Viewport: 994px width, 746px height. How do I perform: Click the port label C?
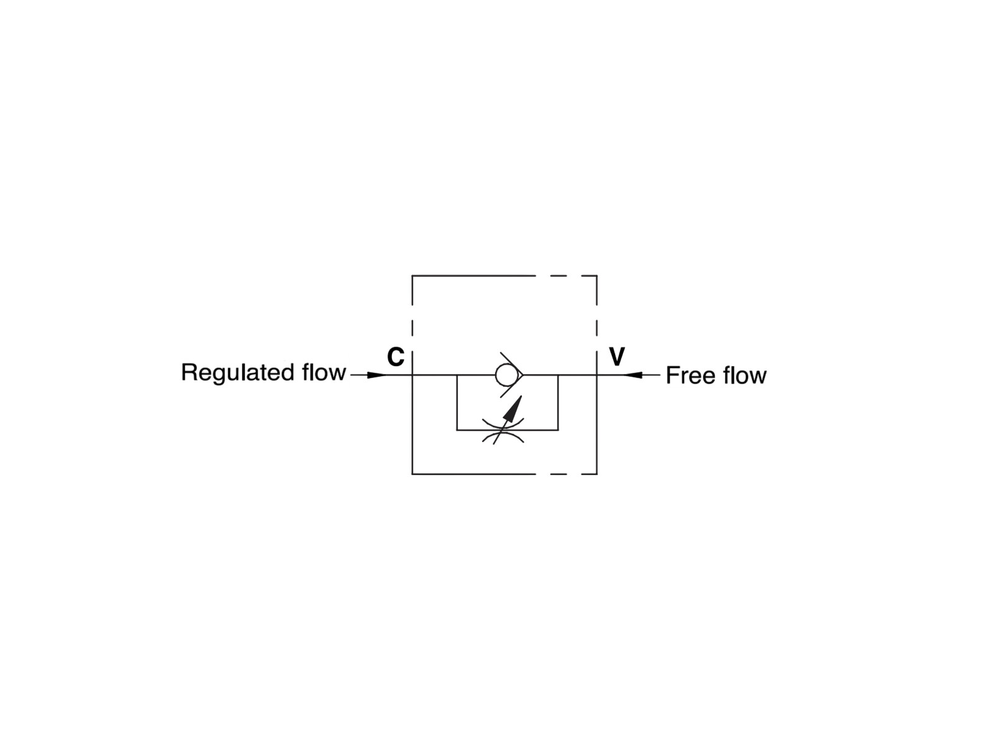coord(396,357)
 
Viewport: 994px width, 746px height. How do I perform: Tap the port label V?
coord(617,357)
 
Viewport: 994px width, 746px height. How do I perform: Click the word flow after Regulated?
coord(324,372)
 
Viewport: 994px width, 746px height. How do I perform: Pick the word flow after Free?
coord(744,375)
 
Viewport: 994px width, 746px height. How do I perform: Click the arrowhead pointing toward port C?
coord(376,375)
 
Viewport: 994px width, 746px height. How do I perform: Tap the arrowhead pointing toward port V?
coord(632,375)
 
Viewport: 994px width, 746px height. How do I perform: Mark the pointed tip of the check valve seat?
coord(524,375)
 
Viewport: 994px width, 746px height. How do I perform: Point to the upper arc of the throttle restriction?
coord(504,423)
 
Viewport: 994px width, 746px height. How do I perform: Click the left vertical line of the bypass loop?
coord(457,402)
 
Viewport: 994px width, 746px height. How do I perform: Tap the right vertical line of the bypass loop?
coord(558,402)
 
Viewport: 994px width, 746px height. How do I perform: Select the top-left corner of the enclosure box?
coord(413,275)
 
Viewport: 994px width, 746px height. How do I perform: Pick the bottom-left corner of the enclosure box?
coord(413,474)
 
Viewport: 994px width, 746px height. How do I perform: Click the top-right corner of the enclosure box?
coord(596,275)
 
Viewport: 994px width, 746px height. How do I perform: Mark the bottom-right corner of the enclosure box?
coord(596,474)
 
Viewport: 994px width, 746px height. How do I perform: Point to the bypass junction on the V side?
coord(558,375)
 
